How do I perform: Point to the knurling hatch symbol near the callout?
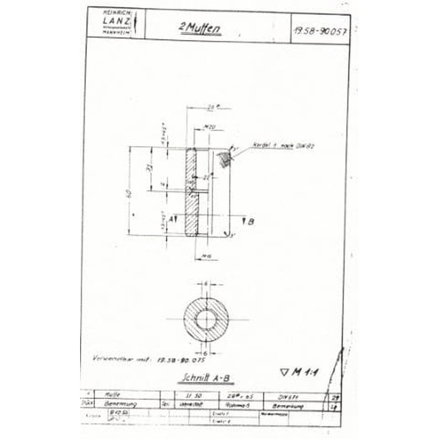224,159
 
